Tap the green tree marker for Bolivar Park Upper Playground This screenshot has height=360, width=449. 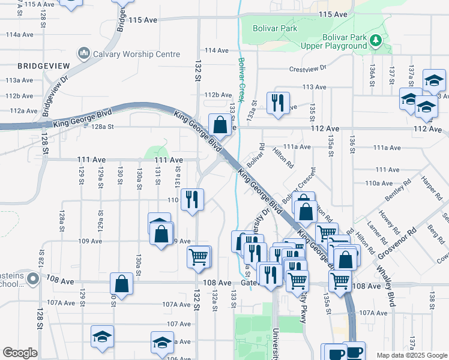point(376,40)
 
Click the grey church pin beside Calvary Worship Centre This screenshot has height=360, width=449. point(83,54)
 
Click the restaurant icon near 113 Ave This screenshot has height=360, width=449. point(278,103)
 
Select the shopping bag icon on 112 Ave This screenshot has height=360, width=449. point(220,124)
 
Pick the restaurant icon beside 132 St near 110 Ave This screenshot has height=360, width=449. point(193,199)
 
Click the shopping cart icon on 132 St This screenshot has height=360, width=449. point(199,257)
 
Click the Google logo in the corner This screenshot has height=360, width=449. point(20,352)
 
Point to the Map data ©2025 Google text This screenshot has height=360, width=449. point(411,355)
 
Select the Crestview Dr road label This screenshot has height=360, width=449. point(307,68)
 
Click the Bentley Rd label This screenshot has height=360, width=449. point(398,188)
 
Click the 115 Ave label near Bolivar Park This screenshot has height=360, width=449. point(334,14)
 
